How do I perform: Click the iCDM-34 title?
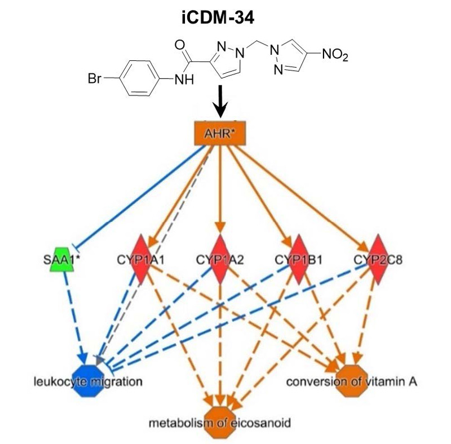pos(225,17)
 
